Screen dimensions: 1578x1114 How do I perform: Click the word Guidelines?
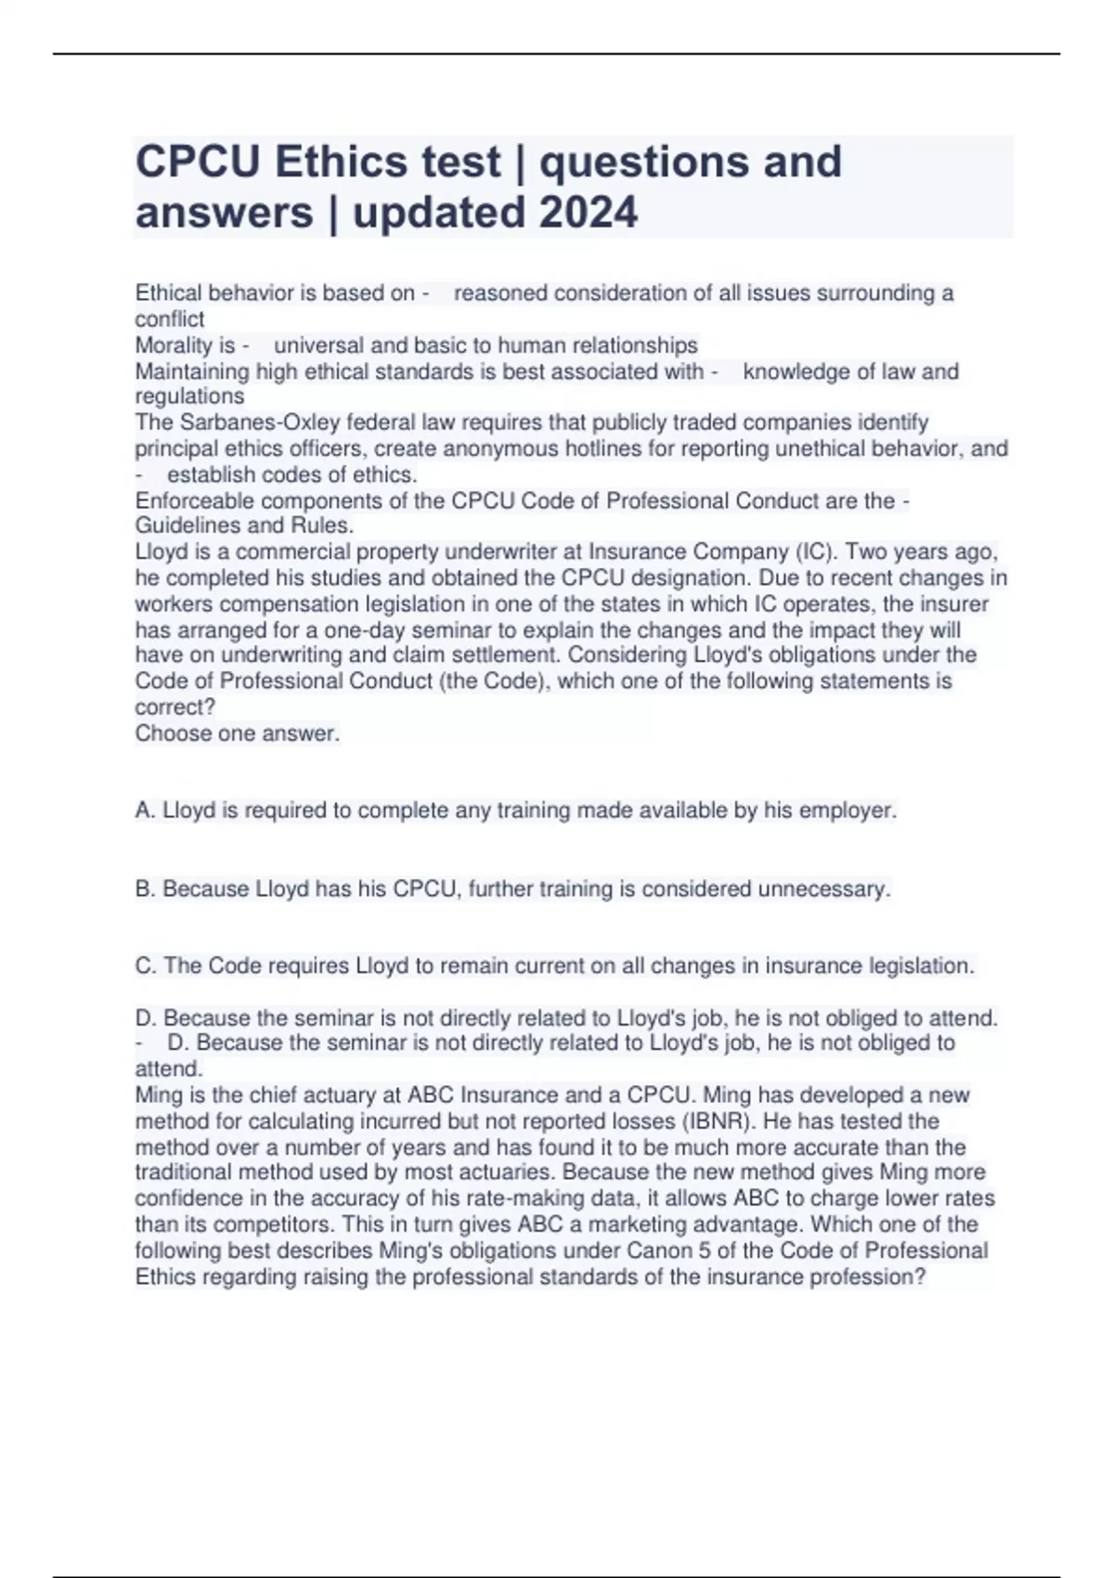183,525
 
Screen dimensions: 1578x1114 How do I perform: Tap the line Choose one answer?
238,733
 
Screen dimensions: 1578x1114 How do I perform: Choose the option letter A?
145,810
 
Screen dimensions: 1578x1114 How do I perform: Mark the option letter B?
145,889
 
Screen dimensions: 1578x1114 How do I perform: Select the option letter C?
145,966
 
